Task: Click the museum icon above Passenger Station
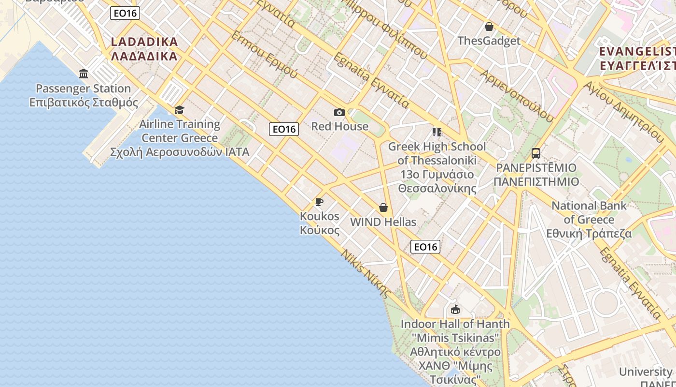pyautogui.click(x=84, y=74)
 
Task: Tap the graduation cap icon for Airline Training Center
pyautogui.click(x=179, y=110)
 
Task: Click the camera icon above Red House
pyautogui.click(x=339, y=113)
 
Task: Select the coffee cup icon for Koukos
pyautogui.click(x=319, y=202)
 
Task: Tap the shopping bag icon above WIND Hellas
pyautogui.click(x=383, y=208)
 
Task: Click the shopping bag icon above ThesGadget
pyautogui.click(x=489, y=27)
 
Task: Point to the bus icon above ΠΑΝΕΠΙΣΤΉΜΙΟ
pyautogui.click(x=535, y=153)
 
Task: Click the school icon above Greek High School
pyautogui.click(x=437, y=132)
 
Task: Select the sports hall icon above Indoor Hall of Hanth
pyautogui.click(x=455, y=309)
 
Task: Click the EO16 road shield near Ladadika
pyautogui.click(x=125, y=13)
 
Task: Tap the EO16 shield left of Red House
pyautogui.click(x=284, y=129)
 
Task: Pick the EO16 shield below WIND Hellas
pyautogui.click(x=425, y=247)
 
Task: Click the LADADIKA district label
pyautogui.click(x=144, y=49)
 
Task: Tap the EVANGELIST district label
pyautogui.click(x=636, y=59)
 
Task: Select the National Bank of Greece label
pyautogui.click(x=589, y=220)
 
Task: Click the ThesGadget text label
pyautogui.click(x=489, y=41)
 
